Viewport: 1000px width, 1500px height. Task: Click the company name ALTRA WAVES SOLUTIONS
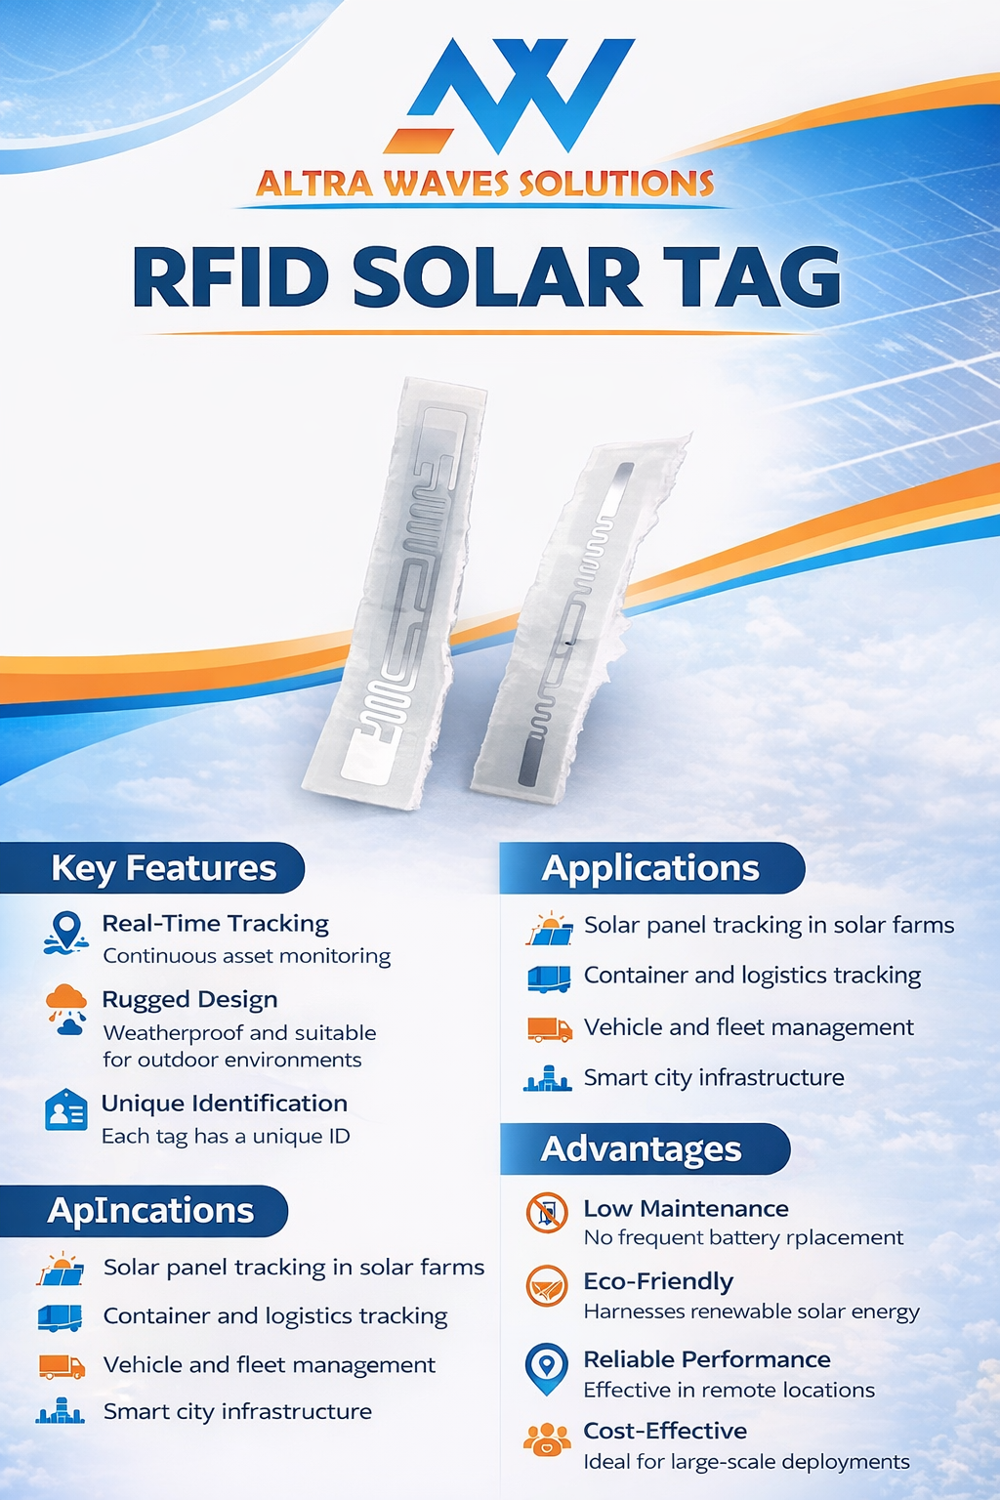[x=484, y=184]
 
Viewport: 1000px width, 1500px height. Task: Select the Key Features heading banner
[x=163, y=868]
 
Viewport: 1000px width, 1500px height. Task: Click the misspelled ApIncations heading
[x=150, y=1211]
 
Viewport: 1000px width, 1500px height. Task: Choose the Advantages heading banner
[x=642, y=1149]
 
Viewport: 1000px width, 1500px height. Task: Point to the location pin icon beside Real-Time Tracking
[x=66, y=931]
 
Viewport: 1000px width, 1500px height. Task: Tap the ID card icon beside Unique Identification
[x=66, y=1110]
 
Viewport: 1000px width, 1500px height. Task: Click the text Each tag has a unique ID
[x=226, y=1136]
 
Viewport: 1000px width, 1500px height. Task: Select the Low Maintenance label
[x=686, y=1208]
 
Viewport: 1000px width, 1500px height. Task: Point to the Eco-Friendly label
[x=658, y=1281]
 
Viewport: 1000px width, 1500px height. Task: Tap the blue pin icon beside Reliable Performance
[x=547, y=1367]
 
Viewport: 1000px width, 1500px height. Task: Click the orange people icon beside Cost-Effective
[x=547, y=1438]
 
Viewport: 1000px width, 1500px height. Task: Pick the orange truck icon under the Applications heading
[x=549, y=1028]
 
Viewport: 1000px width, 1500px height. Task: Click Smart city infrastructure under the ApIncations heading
[x=237, y=1411]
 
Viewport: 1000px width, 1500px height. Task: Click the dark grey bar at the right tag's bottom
[x=528, y=763]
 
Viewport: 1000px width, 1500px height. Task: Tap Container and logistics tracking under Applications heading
[x=752, y=976]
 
